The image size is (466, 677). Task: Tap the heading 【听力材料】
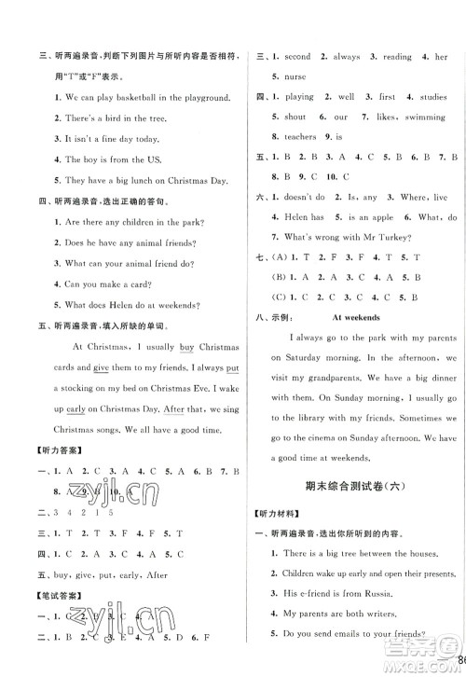(281, 515)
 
